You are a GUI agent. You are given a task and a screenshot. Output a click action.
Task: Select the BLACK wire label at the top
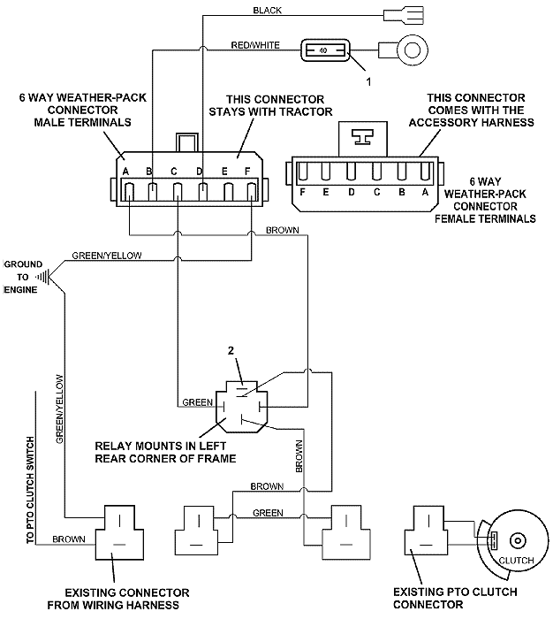[267, 11]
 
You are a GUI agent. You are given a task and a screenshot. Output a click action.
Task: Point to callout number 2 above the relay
[232, 351]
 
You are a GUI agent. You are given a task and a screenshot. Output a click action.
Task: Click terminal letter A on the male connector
[128, 171]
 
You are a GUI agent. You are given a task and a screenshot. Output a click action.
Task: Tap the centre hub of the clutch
[518, 540]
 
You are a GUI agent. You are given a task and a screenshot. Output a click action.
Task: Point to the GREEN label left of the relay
[196, 402]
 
